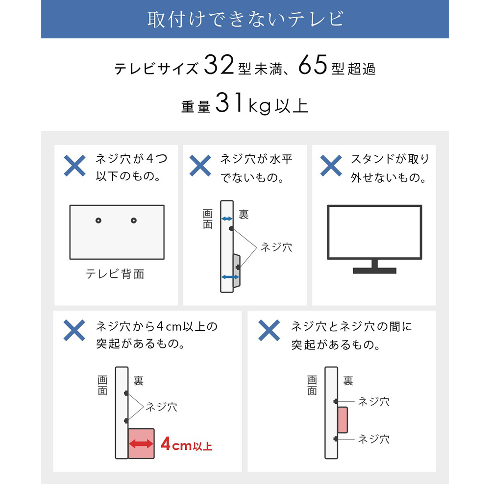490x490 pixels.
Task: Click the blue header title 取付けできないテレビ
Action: (x=245, y=19)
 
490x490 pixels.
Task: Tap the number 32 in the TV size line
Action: (x=219, y=66)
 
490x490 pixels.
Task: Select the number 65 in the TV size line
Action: (x=312, y=66)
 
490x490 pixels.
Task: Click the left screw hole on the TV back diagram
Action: (x=98, y=221)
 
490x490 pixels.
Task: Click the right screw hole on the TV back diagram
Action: (x=134, y=221)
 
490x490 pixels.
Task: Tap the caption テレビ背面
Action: (x=115, y=274)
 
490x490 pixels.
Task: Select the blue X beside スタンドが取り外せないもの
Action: (x=331, y=166)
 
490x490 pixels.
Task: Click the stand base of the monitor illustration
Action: (x=374, y=270)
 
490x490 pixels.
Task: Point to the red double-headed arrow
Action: (x=141, y=444)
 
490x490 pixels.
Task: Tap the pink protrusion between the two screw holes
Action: (x=343, y=420)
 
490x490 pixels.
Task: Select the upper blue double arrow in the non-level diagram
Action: (x=226, y=219)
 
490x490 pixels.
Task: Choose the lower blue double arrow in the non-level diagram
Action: (x=230, y=277)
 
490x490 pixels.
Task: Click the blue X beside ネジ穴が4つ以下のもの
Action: (x=74, y=166)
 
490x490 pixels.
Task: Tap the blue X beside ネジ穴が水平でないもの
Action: (x=200, y=166)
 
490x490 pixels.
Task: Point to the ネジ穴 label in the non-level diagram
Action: (x=276, y=247)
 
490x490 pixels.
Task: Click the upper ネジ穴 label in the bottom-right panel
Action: (x=373, y=401)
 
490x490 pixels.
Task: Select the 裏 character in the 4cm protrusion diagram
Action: (x=139, y=380)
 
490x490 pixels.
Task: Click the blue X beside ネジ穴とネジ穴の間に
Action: (x=269, y=331)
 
